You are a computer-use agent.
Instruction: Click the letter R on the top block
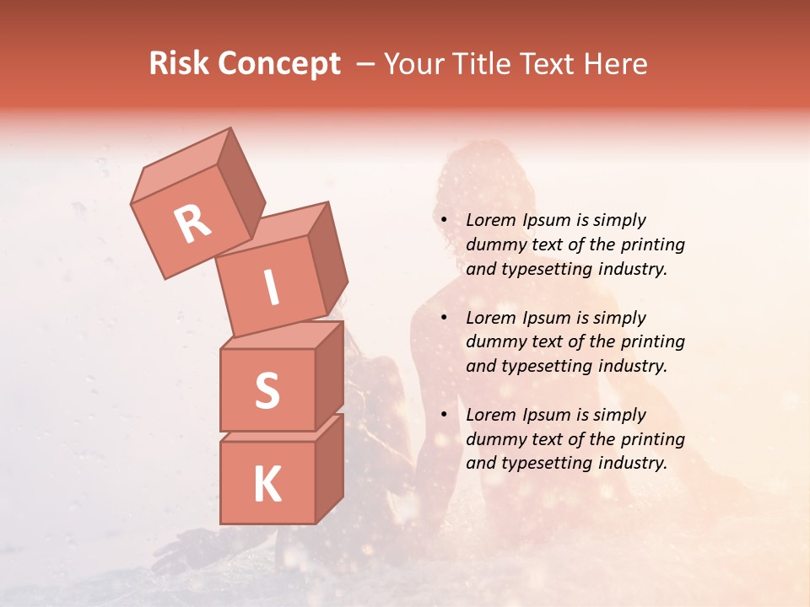pos(192,223)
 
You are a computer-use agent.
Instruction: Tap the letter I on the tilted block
pos(271,288)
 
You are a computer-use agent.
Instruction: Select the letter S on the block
pos(267,390)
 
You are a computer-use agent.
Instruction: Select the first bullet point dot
pos(443,221)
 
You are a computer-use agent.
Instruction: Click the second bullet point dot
pos(443,318)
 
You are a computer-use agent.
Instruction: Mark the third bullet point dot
pos(443,415)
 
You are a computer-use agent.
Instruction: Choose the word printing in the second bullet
pos(651,342)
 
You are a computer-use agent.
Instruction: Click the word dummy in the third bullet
pos(493,439)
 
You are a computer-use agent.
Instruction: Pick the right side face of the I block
pos(327,257)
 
